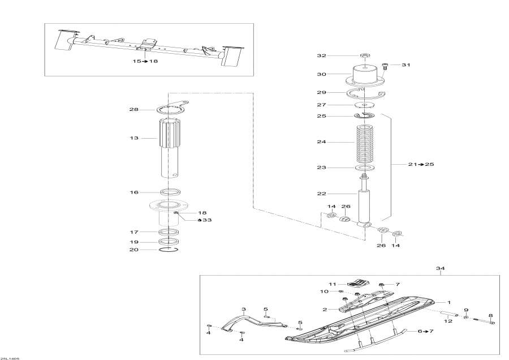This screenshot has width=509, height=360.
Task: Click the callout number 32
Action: pos(338,56)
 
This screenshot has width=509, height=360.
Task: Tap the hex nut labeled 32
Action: pos(365,56)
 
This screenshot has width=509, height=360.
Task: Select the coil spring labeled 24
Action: pos(365,142)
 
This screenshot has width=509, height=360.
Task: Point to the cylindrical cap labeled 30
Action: pos(365,76)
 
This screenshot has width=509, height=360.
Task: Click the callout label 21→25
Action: pos(421,164)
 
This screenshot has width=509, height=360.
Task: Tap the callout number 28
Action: pos(134,110)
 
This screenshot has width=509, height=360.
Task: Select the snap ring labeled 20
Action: pos(170,249)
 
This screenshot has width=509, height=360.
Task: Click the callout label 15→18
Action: pos(145,61)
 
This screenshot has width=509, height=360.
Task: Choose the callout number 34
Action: pos(441,268)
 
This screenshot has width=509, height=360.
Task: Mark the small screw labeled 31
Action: pos(386,65)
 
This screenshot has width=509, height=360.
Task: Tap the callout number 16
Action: pos(134,192)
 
